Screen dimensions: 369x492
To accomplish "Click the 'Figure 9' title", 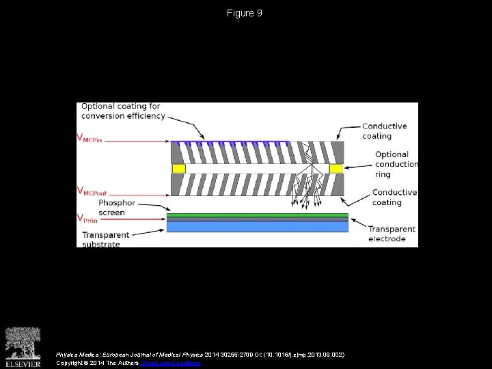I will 245,13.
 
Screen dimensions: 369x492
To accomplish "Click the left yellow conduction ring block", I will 178,168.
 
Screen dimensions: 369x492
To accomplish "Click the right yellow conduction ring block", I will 336,168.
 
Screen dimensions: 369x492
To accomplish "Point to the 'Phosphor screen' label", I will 117,208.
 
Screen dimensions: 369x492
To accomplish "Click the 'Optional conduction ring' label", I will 396,164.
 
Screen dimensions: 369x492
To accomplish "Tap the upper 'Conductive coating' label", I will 384,131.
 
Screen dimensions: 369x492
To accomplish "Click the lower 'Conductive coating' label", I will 394,197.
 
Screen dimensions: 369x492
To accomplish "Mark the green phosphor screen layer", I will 257,215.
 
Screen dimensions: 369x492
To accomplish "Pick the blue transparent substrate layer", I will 257,226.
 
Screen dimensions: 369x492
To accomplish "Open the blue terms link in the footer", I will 170,363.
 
